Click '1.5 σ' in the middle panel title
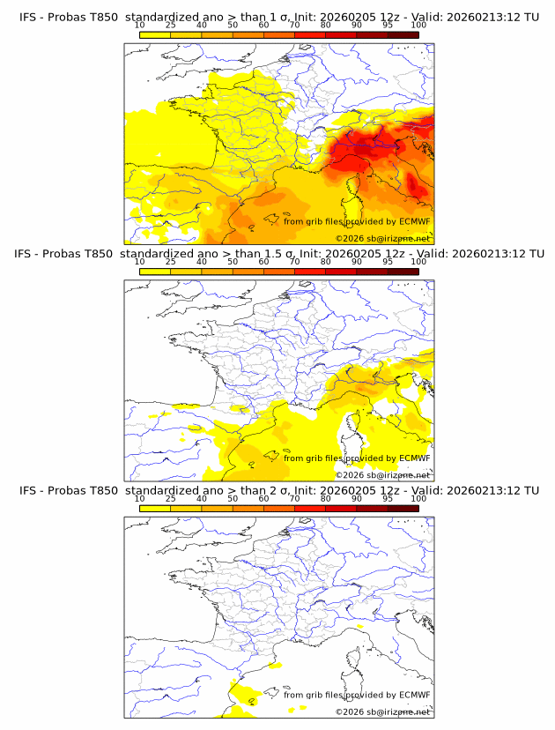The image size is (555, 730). [278, 254]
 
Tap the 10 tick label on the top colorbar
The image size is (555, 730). [139, 26]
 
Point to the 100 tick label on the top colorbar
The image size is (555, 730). [418, 26]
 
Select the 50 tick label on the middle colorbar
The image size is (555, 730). [233, 262]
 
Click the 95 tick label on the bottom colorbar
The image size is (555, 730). [388, 498]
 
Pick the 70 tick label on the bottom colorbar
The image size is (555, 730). [294, 498]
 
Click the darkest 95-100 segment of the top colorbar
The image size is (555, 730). [403, 34]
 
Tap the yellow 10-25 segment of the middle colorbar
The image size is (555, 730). [154, 271]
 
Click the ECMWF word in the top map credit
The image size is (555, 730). [413, 222]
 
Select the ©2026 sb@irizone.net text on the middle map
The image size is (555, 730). [382, 474]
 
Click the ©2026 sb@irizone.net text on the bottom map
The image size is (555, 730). [382, 711]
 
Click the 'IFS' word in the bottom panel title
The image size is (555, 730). [28, 490]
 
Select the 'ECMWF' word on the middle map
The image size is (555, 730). [413, 458]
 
